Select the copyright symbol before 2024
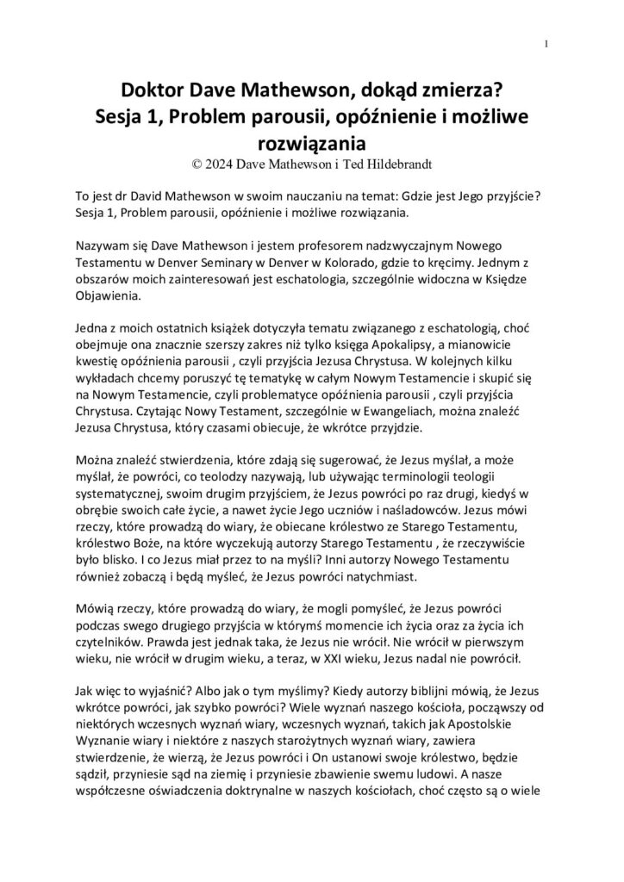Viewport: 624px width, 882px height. (202, 160)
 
